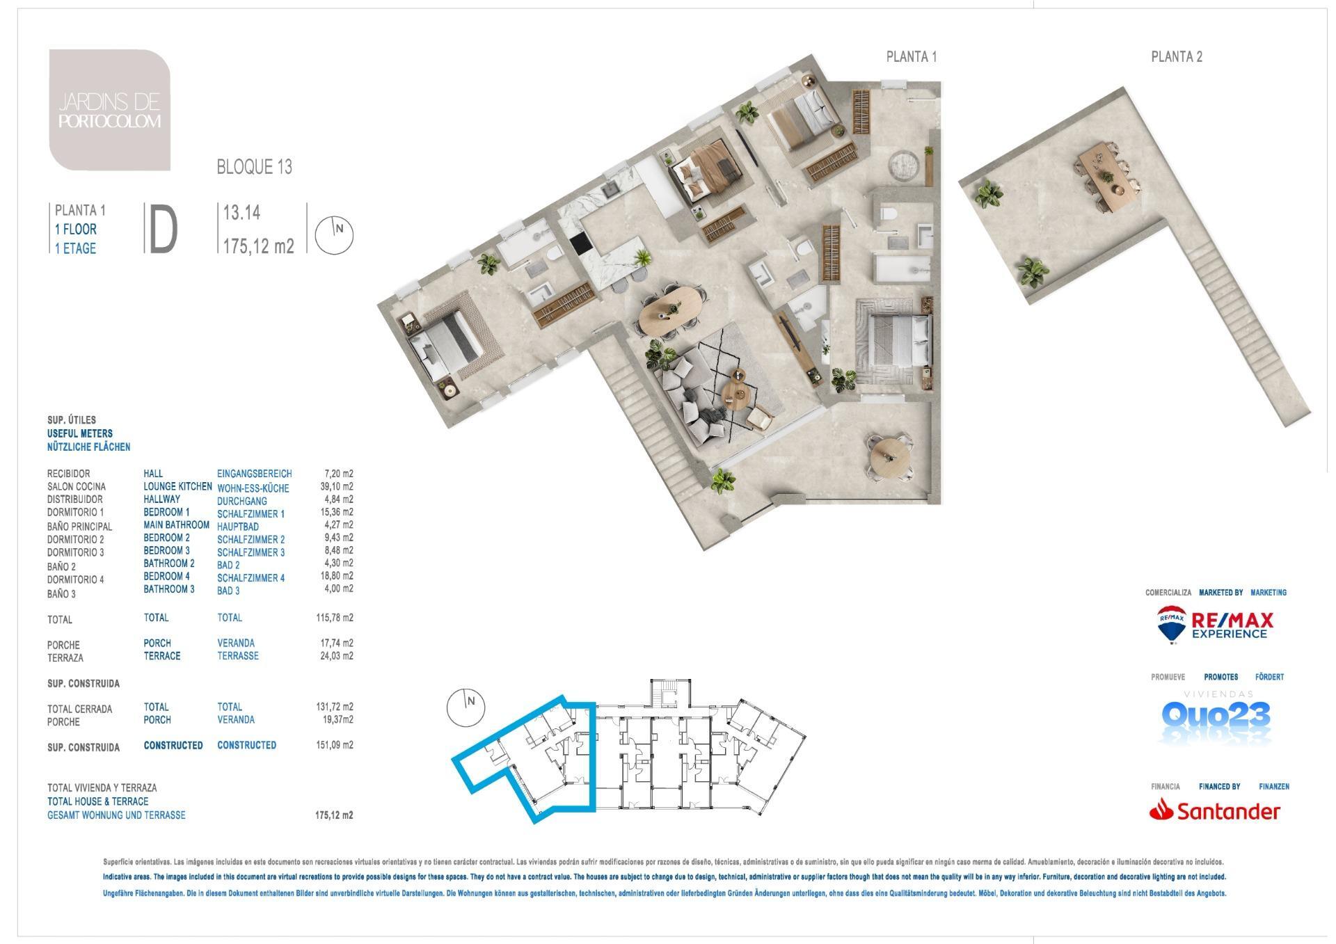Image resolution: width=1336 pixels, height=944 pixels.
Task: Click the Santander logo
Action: click(x=1215, y=810)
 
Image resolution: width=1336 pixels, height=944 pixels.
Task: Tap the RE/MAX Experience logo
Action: click(x=1215, y=624)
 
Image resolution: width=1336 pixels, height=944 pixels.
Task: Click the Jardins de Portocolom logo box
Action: click(x=110, y=110)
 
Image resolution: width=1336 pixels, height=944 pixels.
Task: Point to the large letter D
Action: click(x=163, y=229)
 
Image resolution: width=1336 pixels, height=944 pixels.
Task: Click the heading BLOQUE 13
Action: click(x=255, y=167)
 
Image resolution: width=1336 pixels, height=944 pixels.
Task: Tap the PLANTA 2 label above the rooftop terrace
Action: click(x=1177, y=57)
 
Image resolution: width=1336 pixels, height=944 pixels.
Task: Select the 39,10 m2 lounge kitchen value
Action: click(x=335, y=487)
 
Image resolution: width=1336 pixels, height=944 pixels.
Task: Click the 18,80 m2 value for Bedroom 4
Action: click(x=335, y=576)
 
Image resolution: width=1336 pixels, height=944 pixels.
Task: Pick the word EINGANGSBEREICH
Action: click(x=255, y=474)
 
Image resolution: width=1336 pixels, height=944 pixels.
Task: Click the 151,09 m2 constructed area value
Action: click(x=335, y=745)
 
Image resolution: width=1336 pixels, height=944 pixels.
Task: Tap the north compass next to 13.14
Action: click(x=335, y=235)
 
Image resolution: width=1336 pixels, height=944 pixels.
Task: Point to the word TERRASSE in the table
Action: click(x=238, y=656)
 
